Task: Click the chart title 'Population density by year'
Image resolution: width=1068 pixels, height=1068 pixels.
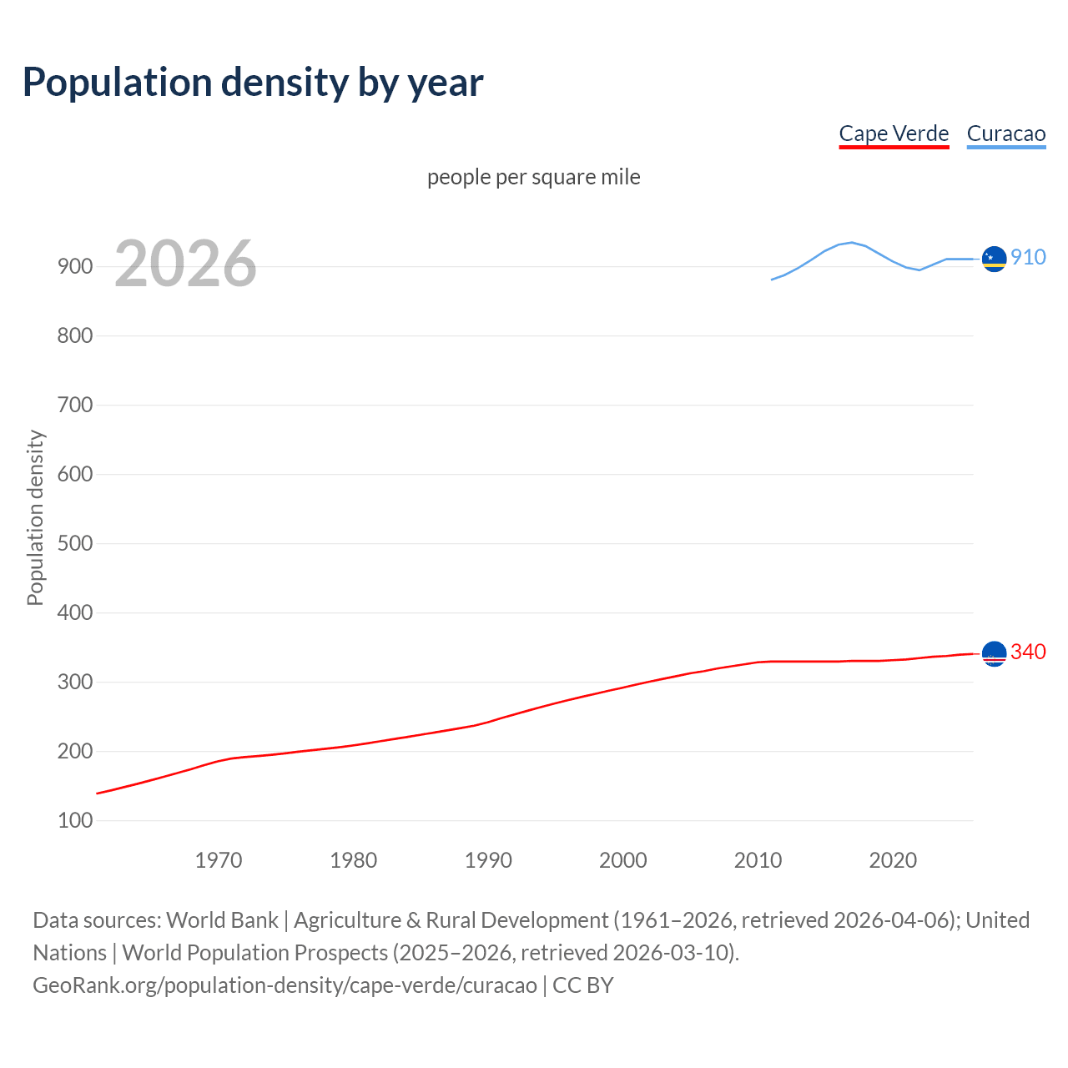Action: (x=253, y=83)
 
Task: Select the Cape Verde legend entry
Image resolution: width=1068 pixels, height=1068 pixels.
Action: (x=894, y=133)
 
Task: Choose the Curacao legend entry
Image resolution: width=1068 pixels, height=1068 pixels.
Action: (x=1005, y=133)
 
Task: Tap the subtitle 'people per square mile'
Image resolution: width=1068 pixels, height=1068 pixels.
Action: (x=533, y=177)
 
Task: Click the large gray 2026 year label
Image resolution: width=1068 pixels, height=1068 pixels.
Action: (x=185, y=264)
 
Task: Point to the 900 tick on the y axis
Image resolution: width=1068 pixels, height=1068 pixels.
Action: (x=75, y=267)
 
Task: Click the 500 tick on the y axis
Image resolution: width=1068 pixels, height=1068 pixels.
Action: (x=75, y=544)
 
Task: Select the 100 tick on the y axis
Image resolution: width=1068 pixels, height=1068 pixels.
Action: (x=75, y=821)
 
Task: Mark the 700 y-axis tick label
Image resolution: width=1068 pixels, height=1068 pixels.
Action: (x=75, y=406)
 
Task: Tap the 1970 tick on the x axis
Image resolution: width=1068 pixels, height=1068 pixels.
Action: (x=219, y=860)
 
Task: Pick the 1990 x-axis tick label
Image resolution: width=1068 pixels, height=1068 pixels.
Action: (x=488, y=860)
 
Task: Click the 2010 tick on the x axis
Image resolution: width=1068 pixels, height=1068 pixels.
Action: (x=758, y=860)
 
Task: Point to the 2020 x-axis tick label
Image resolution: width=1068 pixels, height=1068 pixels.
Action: (x=893, y=860)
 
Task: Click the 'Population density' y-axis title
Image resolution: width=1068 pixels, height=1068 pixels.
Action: (x=35, y=517)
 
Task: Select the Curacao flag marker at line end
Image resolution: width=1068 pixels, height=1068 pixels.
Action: (x=994, y=259)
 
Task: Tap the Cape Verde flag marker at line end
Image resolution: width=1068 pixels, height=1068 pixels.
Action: (x=994, y=654)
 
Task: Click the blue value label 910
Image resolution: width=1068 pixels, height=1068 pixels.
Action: (x=1028, y=257)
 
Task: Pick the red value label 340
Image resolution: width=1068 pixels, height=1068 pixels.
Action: (x=1028, y=652)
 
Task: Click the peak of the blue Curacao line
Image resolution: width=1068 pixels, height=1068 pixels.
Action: (x=851, y=242)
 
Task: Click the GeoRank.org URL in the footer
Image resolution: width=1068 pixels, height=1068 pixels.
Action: (x=285, y=985)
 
